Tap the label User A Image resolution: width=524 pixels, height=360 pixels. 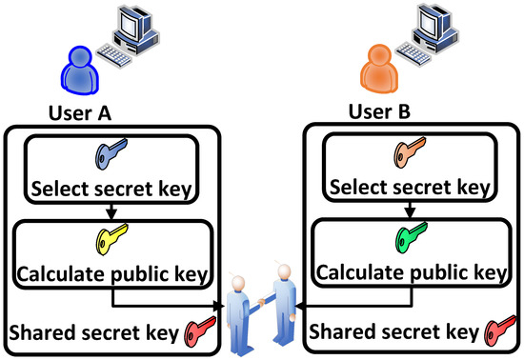(81, 113)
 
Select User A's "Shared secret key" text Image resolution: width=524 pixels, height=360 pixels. (95, 334)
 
